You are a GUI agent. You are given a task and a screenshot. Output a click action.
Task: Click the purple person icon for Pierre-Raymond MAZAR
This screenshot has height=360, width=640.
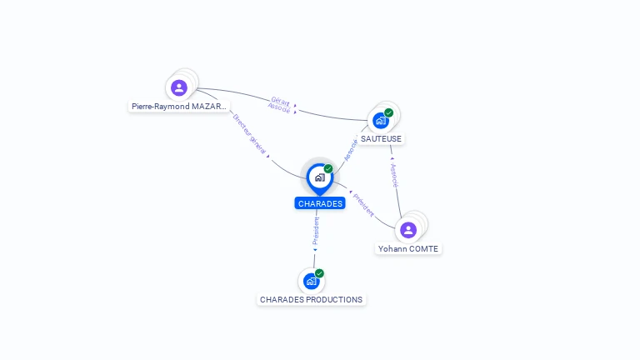point(179,87)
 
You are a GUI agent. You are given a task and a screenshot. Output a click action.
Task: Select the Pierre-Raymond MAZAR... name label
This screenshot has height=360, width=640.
point(178,107)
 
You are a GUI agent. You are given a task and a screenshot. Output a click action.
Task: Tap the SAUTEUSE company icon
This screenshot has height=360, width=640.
point(381,120)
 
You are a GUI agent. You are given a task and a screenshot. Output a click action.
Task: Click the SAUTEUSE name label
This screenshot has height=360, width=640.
point(381,138)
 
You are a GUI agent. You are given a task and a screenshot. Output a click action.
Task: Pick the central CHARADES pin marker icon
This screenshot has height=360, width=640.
point(319,177)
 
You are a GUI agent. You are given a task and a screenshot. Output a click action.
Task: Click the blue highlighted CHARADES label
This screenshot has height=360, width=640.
point(320,203)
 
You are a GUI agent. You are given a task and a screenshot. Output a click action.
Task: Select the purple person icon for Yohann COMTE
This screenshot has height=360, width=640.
point(408,230)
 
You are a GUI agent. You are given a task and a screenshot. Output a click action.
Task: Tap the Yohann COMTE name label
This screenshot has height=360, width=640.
point(408,248)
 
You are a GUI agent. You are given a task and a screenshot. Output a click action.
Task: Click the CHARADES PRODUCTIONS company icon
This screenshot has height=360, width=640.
point(311,281)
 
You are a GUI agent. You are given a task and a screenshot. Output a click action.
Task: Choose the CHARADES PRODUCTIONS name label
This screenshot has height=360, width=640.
point(311,299)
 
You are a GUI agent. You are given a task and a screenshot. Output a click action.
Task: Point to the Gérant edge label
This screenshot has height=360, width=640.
point(281,101)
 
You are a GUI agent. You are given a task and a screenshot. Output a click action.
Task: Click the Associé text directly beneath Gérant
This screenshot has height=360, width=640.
point(279,108)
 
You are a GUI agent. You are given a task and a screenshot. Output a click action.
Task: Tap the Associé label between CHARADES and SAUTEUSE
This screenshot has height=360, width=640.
point(351,149)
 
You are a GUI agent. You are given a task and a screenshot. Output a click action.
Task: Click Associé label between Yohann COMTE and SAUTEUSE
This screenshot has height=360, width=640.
point(394,175)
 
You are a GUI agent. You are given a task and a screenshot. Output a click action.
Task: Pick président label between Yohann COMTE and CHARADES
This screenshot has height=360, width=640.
point(364,204)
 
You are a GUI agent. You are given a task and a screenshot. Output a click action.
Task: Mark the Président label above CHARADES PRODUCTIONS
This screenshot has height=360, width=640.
point(316,232)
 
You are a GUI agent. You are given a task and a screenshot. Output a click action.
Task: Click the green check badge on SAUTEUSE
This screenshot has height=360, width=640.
point(389,112)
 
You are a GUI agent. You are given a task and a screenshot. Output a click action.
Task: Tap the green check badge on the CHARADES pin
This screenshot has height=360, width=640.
point(328,169)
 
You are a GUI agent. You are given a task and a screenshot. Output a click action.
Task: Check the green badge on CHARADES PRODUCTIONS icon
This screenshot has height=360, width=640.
point(319,273)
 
